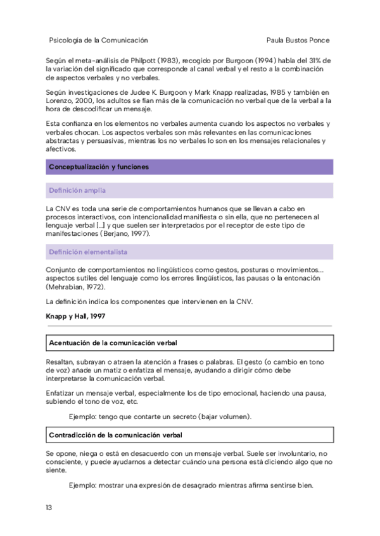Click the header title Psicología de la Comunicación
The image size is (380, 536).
point(98,39)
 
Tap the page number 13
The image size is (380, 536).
point(49,508)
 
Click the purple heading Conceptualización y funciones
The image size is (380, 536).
point(99,167)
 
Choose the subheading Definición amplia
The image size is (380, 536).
point(77,190)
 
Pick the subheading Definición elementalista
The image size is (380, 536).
point(88,252)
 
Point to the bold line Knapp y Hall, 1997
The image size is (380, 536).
point(75,315)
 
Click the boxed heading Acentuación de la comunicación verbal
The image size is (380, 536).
point(113,343)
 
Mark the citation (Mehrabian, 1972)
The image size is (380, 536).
point(76,286)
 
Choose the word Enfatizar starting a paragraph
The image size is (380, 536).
point(62,393)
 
